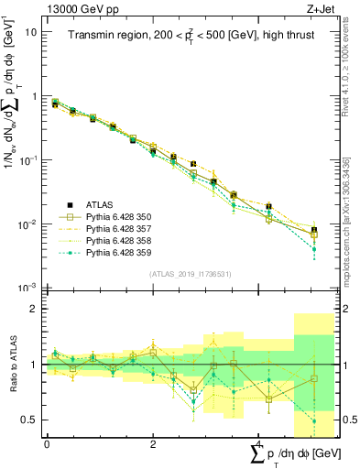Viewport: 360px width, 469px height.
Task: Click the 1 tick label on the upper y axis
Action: coord(34,96)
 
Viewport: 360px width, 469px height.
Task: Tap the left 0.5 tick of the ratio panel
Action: coord(30,420)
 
